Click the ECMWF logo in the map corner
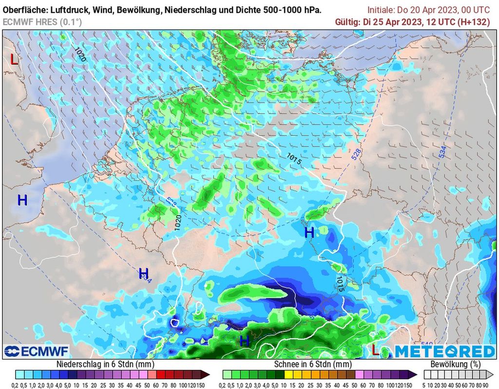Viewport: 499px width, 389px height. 37,351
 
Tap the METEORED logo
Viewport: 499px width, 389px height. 444,351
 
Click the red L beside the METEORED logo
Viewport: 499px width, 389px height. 375,349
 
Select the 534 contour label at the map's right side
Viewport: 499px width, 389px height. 442,151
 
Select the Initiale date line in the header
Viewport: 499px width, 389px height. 429,10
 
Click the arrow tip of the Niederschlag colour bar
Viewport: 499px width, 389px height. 208,374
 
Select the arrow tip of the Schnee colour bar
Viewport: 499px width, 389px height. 415,374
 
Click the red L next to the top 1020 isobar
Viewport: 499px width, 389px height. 15,60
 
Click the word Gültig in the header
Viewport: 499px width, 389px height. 348,22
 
